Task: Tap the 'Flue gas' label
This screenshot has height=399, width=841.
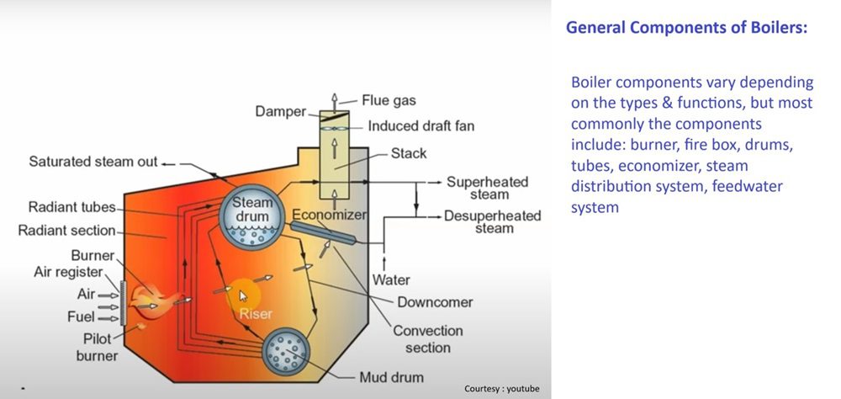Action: (389, 101)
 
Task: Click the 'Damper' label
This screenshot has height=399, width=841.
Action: (280, 112)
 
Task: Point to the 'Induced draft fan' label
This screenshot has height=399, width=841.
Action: (421, 127)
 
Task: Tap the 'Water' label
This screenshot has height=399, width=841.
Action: (391, 279)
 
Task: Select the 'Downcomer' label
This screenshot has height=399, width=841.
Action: (434, 302)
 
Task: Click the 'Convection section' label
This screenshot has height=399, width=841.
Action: (428, 339)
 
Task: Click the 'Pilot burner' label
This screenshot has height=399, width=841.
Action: (96, 347)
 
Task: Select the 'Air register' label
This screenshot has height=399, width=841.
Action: (68, 272)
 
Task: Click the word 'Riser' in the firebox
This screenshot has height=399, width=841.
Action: (256, 313)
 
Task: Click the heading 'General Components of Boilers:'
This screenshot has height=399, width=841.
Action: (686, 27)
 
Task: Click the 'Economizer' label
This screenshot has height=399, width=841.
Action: (330, 215)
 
